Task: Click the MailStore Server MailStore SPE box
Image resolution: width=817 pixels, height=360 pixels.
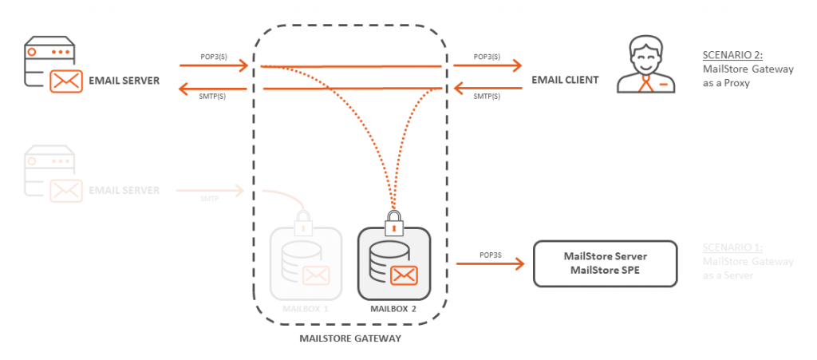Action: tap(605, 263)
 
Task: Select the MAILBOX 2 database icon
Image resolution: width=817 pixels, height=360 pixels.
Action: tap(393, 263)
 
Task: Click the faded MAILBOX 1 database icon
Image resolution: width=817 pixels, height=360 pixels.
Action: tap(306, 263)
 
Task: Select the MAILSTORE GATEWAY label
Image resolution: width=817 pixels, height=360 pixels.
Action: tap(349, 338)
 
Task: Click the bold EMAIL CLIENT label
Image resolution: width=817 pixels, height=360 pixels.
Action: tap(565, 81)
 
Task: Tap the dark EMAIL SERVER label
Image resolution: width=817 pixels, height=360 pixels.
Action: tap(124, 81)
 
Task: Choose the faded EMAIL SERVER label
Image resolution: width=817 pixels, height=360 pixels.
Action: tap(124, 190)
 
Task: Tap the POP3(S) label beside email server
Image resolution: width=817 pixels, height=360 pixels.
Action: tap(214, 57)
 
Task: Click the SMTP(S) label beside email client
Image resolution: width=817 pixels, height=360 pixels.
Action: tap(487, 96)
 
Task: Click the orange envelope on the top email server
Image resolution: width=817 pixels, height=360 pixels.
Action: tap(67, 81)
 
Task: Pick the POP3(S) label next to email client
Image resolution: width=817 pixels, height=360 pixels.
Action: tap(487, 57)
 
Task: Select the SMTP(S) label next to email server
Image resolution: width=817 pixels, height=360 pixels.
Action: tap(214, 96)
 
